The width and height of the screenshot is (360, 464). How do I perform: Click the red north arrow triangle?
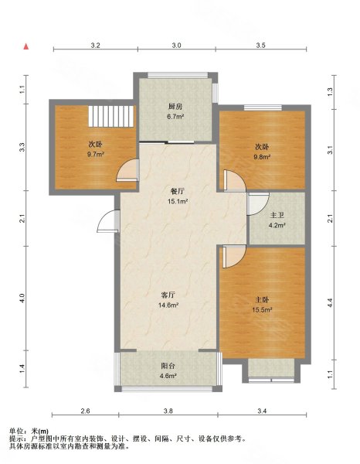tap(26, 46)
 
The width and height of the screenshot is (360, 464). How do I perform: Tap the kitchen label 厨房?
tap(175, 107)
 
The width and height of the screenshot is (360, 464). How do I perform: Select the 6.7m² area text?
tap(175, 117)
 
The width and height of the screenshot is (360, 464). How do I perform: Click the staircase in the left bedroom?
tap(111, 116)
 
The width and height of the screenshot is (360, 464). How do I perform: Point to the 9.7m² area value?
tap(96, 154)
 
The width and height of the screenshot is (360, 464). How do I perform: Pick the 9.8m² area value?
tap(262, 157)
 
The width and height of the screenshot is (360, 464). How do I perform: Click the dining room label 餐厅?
tap(178, 192)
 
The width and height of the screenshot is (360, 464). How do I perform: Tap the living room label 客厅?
tap(168, 295)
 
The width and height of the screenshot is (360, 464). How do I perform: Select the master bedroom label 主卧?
tap(262, 300)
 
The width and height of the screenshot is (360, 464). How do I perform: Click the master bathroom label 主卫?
tap(277, 216)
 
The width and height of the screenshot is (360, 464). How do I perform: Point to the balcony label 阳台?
tap(168, 366)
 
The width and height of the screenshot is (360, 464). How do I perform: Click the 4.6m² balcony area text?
tap(168, 376)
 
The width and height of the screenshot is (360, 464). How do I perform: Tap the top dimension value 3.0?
tap(176, 46)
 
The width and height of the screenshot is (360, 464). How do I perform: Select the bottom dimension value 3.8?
tap(168, 411)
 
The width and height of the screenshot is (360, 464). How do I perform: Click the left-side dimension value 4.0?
tap(22, 298)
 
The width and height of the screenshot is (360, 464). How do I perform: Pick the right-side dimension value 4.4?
tap(330, 302)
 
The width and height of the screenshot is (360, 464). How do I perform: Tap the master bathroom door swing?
tap(258, 204)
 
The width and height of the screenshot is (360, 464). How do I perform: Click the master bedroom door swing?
tap(234, 257)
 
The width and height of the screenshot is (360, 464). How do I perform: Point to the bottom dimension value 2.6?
tap(85, 411)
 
